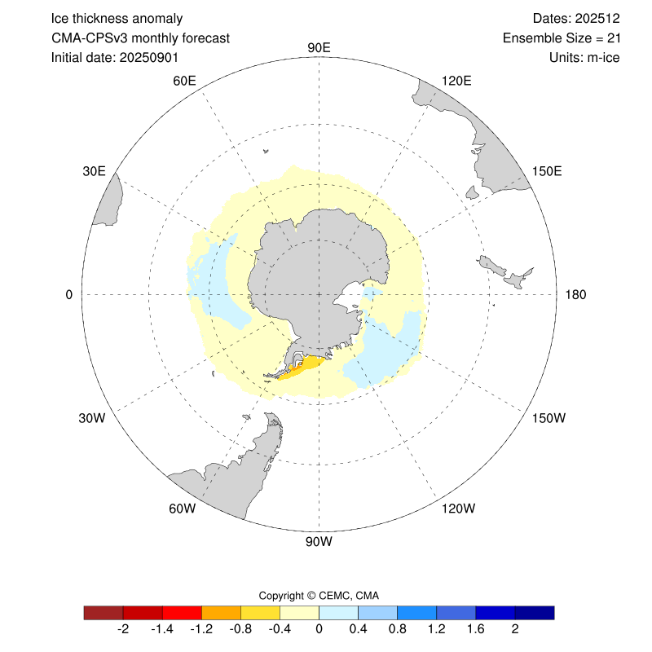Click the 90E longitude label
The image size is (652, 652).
pyautogui.click(x=319, y=47)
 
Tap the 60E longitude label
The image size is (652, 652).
pyautogui.click(x=185, y=80)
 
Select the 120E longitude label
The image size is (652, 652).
pyautogui.click(x=456, y=80)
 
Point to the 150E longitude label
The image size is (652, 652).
pyautogui.click(x=546, y=171)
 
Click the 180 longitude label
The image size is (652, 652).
pyautogui.click(x=573, y=294)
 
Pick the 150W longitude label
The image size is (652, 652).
pyautogui.click(x=548, y=418)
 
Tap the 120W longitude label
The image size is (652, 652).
pyautogui.click(x=457, y=509)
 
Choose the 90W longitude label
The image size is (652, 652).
pyautogui.click(x=319, y=541)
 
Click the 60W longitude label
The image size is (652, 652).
pyautogui.click(x=183, y=509)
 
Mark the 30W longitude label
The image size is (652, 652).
pyautogui.click(x=92, y=418)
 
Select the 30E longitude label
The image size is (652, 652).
pyautogui.click(x=94, y=171)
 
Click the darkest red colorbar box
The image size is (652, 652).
pyautogui.click(x=104, y=612)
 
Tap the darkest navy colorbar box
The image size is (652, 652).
pyautogui.click(x=535, y=612)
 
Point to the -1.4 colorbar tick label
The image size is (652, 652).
pyautogui.click(x=162, y=630)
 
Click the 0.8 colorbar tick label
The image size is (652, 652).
pyautogui.click(x=397, y=630)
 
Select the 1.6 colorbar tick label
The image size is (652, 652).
pyautogui.click(x=475, y=630)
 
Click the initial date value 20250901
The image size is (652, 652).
pyautogui.click(x=149, y=58)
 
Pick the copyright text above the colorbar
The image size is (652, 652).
pyautogui.click(x=319, y=595)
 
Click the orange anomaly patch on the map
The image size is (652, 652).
pyautogui.click(x=303, y=366)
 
